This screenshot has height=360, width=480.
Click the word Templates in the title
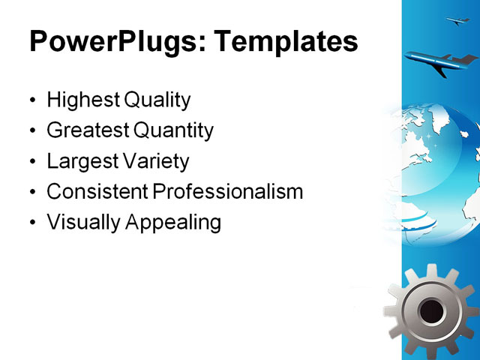286,42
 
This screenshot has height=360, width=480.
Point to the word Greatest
87,130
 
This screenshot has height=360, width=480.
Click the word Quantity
173,130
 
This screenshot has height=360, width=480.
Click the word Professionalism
227,192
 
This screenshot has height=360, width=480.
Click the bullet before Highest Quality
31,100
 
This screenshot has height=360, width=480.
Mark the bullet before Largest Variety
31,162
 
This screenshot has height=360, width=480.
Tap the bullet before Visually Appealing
31,223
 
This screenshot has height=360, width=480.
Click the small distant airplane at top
457,21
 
